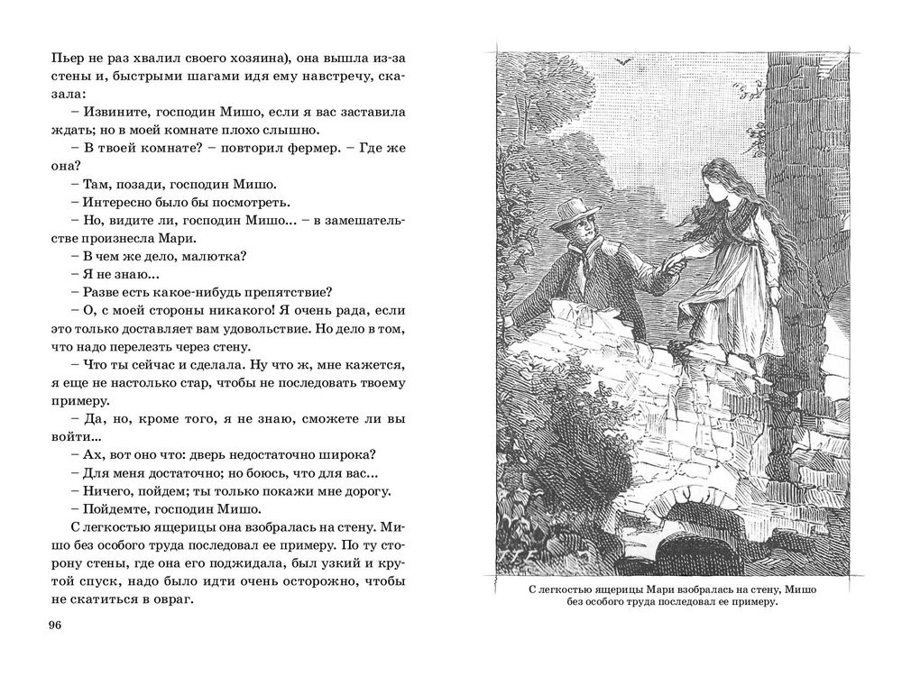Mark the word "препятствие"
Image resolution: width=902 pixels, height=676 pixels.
(x=279, y=291)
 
